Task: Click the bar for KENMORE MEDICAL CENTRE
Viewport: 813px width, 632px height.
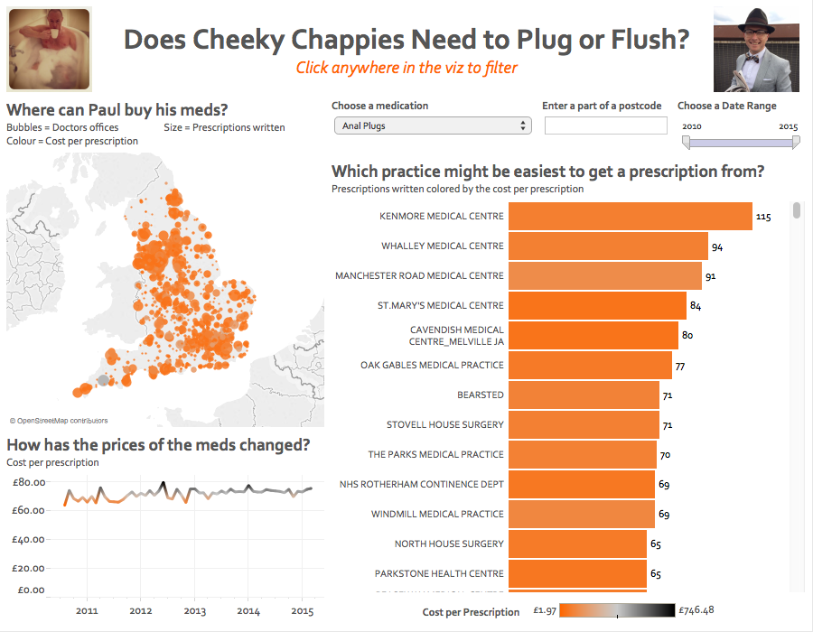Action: point(630,217)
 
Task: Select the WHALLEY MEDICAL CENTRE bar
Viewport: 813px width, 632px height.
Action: point(607,246)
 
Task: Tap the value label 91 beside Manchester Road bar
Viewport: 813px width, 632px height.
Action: point(711,276)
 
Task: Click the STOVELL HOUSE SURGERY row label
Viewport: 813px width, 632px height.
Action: point(444,424)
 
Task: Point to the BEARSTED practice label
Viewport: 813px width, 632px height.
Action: point(480,395)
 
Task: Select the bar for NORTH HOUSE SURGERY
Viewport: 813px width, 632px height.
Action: point(577,544)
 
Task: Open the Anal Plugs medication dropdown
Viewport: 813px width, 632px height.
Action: point(432,126)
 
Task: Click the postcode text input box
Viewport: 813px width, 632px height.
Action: point(604,126)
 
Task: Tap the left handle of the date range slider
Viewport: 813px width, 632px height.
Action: point(686,143)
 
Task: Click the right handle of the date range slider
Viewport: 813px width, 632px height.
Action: point(796,143)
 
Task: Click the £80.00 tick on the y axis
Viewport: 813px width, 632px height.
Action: point(29,482)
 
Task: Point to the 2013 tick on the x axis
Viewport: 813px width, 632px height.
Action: point(194,611)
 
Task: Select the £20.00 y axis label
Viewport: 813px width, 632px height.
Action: point(29,568)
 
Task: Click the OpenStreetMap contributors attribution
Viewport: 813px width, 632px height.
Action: point(59,420)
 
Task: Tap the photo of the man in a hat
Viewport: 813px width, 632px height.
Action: point(757,50)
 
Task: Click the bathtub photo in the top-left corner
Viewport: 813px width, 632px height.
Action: point(50,50)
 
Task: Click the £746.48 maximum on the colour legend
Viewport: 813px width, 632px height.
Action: point(697,610)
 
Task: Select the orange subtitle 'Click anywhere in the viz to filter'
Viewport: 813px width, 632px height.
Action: point(406,68)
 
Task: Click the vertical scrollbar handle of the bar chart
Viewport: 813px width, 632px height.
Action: point(797,210)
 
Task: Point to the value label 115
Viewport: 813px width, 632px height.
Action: point(763,217)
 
